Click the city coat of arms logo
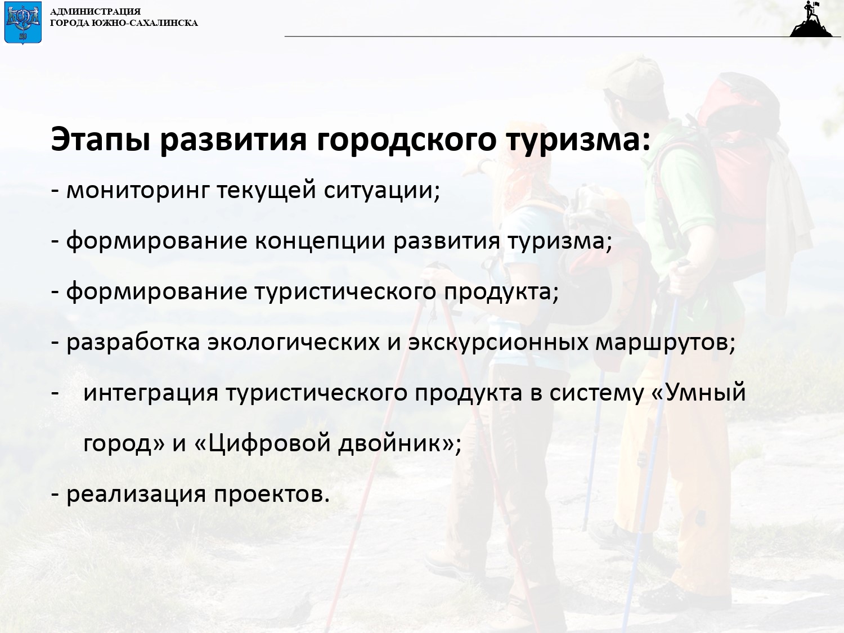(x=23, y=23)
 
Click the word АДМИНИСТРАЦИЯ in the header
(x=95, y=11)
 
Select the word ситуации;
(x=382, y=191)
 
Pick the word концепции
(x=320, y=242)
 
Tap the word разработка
(x=133, y=343)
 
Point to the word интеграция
(x=151, y=393)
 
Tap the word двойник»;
(x=400, y=443)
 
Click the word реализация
(x=136, y=494)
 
